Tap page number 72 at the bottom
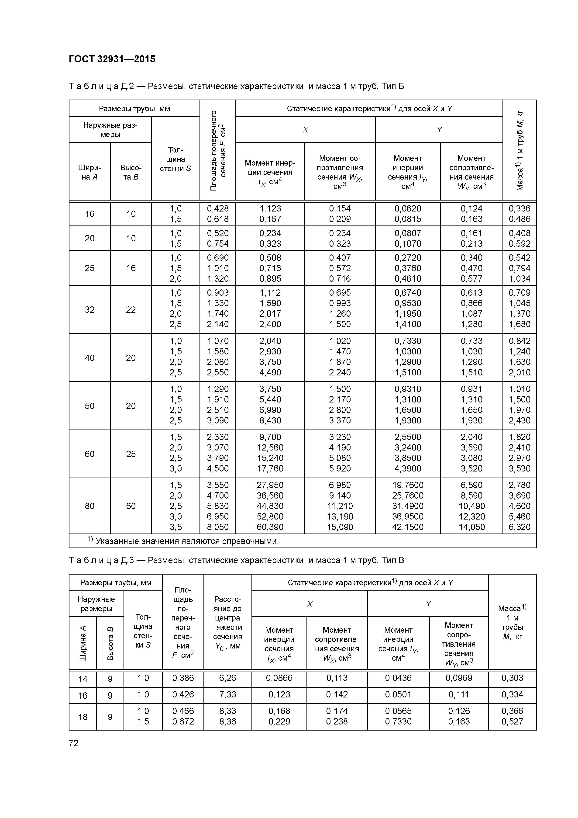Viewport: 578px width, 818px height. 73,743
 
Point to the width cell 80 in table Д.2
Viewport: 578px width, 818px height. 89,506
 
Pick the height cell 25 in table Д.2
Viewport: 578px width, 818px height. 131,454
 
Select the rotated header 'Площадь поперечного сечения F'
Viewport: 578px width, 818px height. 218,150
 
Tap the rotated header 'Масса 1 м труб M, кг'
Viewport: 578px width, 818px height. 520,150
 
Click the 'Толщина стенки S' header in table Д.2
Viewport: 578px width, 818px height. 175,159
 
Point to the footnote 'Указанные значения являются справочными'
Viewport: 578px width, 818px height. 187,541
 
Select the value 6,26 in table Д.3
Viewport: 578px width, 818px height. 227,678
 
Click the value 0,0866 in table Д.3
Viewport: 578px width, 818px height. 279,678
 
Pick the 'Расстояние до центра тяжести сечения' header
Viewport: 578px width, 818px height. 227,622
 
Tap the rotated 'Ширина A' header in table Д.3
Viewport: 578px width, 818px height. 83,643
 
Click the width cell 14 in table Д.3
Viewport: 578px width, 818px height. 83,679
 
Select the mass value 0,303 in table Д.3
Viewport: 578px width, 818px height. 512,678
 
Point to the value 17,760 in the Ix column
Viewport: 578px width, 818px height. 270,468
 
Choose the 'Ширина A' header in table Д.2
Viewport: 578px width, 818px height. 89,172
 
